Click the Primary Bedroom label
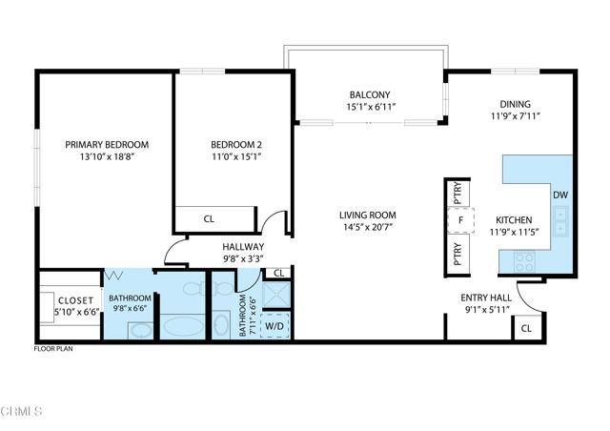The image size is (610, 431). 107,145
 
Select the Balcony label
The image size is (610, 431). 370,94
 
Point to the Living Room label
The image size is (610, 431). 369,215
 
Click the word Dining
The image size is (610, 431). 515,104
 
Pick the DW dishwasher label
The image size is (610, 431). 559,195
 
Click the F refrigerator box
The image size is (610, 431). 460,220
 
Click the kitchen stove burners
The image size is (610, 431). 523,257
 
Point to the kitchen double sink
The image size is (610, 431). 560,222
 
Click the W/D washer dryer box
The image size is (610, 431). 274,324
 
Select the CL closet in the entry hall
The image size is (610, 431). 526,329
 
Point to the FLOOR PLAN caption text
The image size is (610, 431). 53,350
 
